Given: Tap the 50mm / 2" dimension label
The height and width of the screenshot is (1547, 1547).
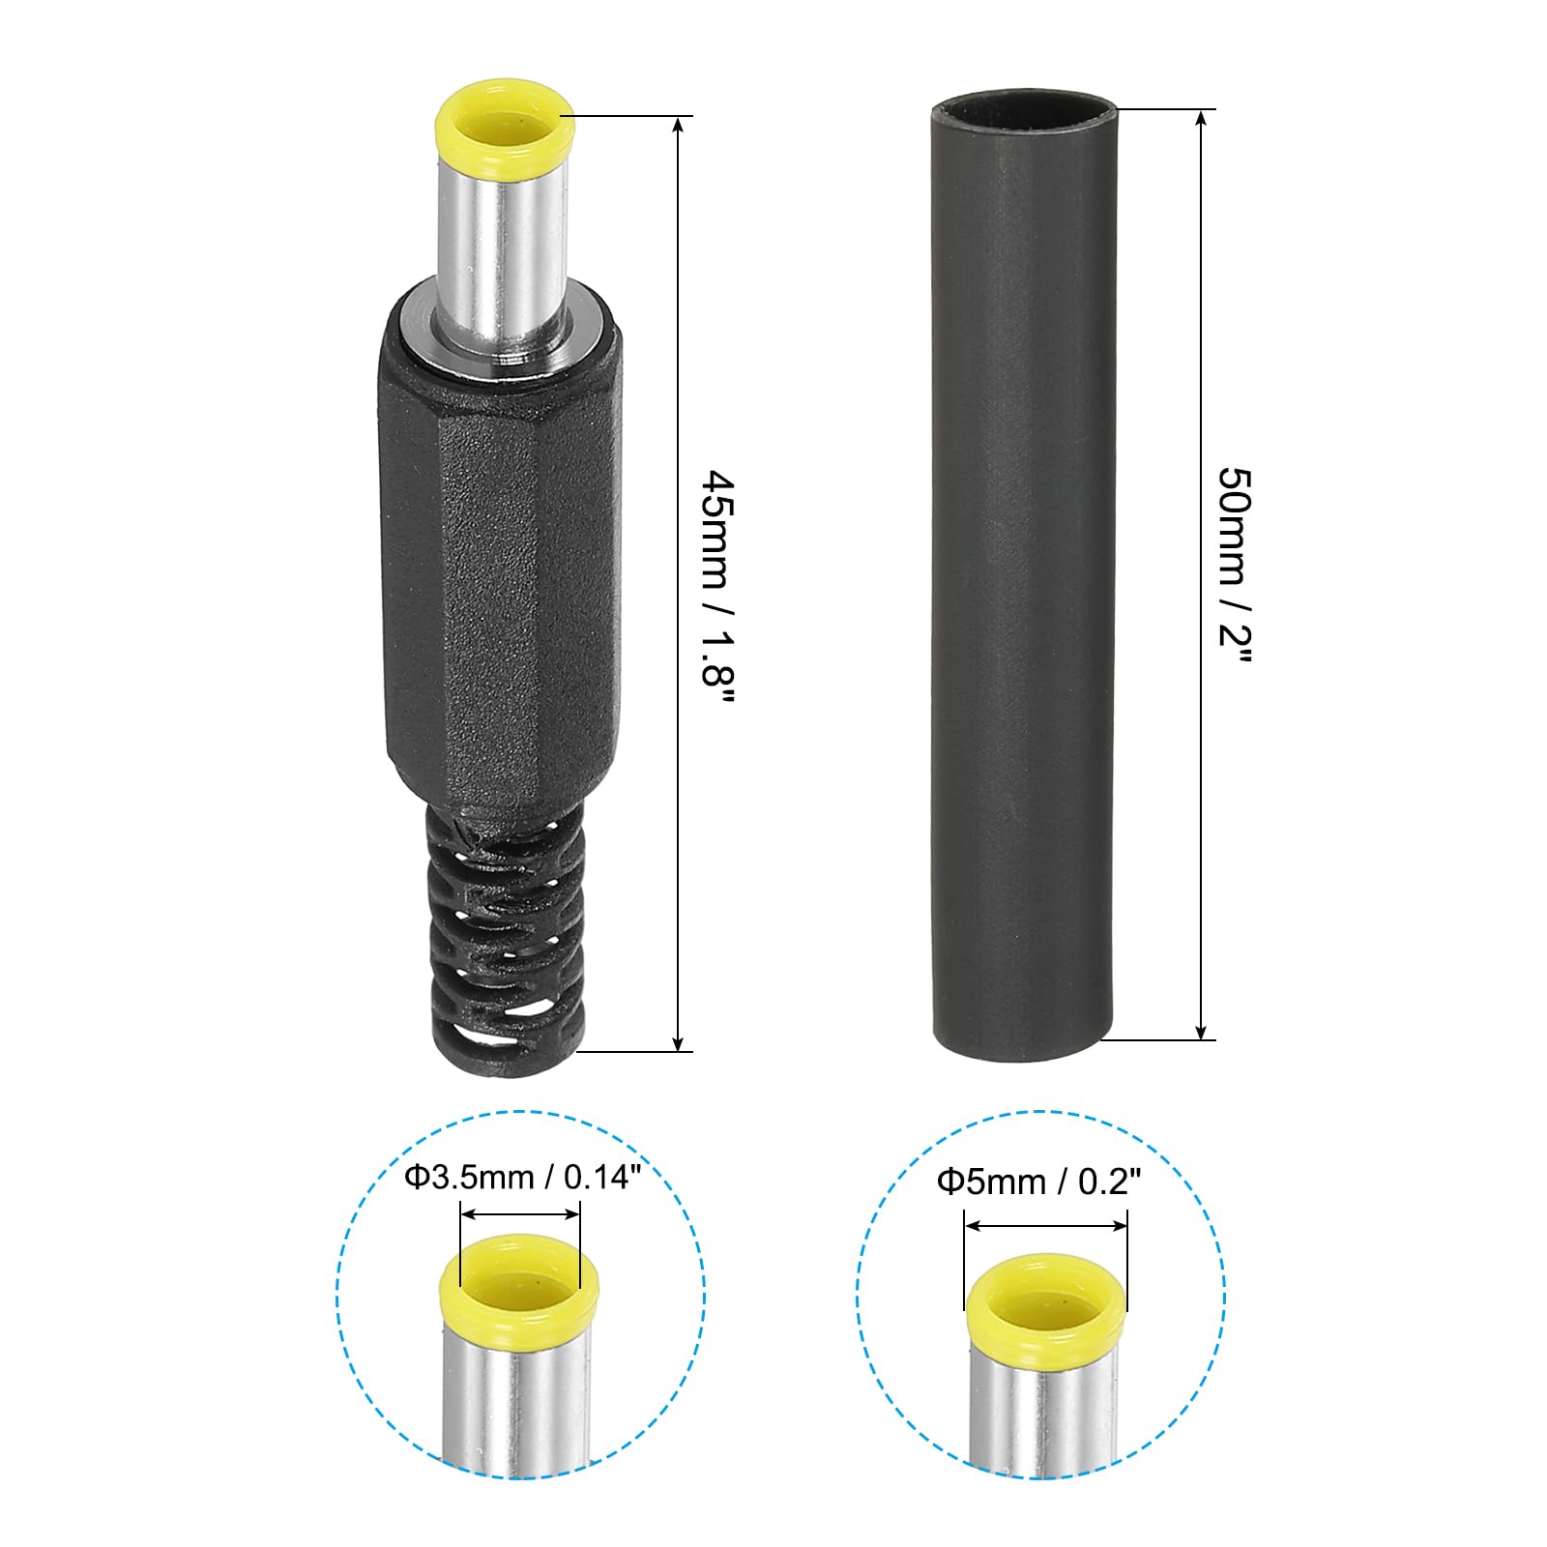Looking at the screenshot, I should [1234, 566].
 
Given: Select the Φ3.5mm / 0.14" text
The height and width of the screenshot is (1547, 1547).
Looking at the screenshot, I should [522, 1178].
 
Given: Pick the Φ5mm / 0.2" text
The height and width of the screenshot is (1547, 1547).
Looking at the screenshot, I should [1039, 1182].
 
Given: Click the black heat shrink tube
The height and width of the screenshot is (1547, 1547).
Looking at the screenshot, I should [1021, 580].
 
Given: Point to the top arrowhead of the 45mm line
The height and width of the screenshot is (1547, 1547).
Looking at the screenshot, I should [681, 124].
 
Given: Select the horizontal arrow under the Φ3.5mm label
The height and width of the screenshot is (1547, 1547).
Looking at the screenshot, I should [520, 1214].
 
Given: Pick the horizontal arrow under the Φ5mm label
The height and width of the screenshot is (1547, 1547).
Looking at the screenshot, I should [1046, 1226].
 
